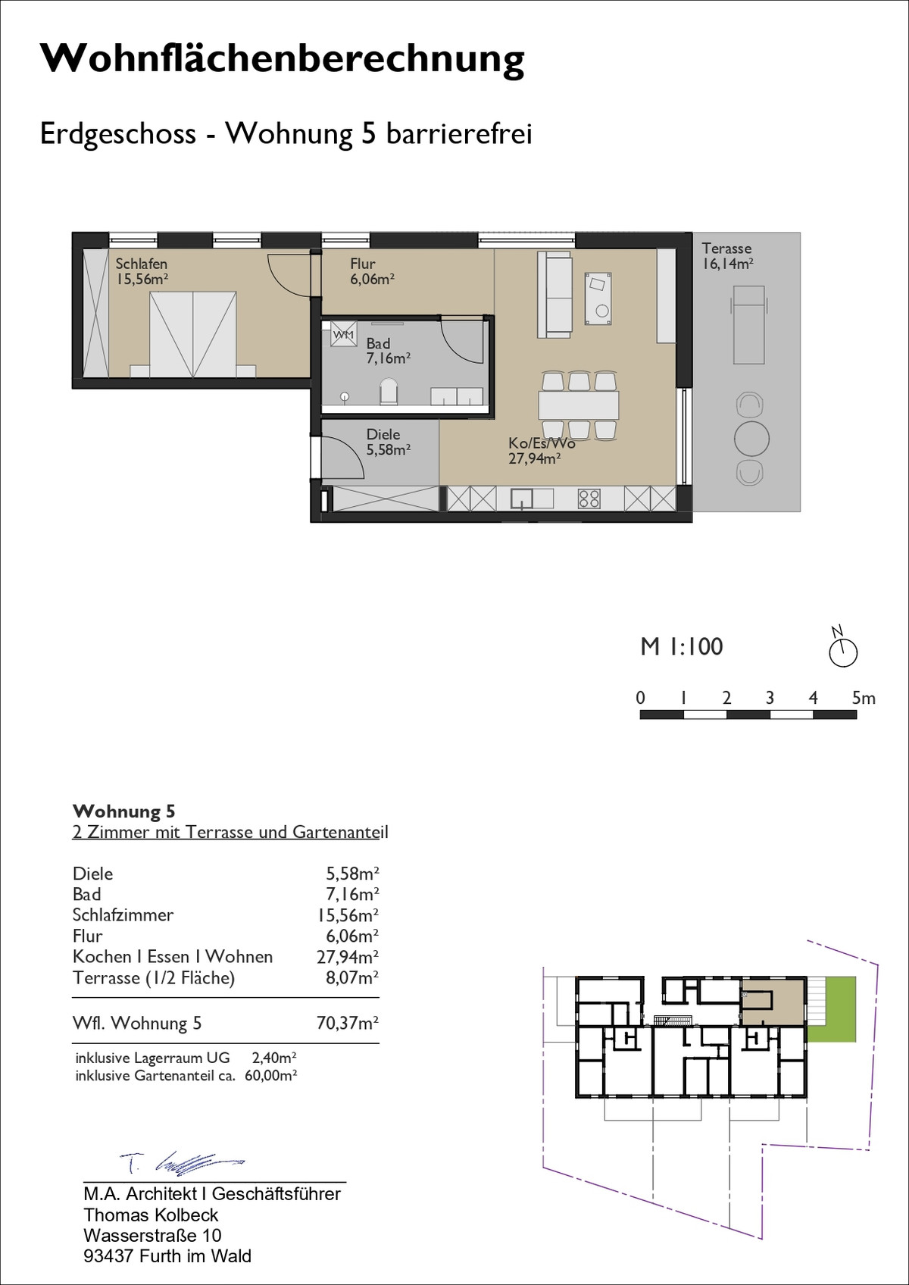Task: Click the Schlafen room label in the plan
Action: tap(142, 264)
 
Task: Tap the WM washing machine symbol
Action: tap(344, 334)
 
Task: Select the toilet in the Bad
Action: tap(389, 391)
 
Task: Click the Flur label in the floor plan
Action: tap(362, 264)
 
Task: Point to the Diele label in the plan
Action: tap(383, 434)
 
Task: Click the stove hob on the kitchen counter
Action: tap(589, 498)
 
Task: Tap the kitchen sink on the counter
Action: tap(522, 498)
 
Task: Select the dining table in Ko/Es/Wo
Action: tap(579, 405)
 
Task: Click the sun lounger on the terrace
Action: tap(749, 325)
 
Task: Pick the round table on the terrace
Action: tap(751, 439)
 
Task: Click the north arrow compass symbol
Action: tap(842, 648)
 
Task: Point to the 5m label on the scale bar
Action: tap(864, 698)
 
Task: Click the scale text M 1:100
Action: tap(682, 647)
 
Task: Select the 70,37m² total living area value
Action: tap(348, 1023)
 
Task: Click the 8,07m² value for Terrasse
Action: tap(352, 977)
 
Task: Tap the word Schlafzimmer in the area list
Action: tap(123, 915)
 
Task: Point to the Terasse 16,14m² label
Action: tap(727, 256)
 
